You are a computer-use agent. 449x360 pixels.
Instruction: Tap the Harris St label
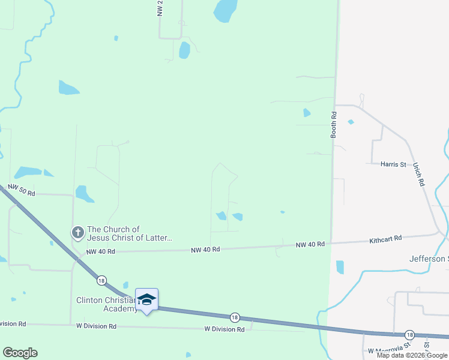click(394, 163)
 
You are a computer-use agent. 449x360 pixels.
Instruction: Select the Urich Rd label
click(418, 175)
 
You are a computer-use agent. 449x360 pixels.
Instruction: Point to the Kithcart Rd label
click(385, 238)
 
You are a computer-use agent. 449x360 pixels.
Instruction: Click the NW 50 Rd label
click(22, 191)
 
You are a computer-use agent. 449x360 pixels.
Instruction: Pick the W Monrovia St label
click(388, 350)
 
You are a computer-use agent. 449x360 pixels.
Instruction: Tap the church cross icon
click(77, 232)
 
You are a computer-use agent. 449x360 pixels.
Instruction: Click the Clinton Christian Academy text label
click(106, 304)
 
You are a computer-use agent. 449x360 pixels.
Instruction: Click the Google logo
click(20, 353)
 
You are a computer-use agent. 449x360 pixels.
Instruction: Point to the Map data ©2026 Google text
click(412, 355)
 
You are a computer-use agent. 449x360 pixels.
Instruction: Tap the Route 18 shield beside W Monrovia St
click(409, 334)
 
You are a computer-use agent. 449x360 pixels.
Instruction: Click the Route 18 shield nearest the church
click(101, 280)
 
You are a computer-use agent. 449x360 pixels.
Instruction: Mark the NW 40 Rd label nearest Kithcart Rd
click(310, 244)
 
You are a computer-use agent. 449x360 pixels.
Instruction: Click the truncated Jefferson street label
click(429, 259)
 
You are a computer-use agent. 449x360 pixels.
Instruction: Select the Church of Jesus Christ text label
click(130, 233)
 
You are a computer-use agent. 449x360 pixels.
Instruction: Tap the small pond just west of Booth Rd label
click(307, 112)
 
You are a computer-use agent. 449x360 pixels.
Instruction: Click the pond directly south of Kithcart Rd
click(340, 267)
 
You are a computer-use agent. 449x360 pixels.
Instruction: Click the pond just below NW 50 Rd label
click(84, 194)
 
